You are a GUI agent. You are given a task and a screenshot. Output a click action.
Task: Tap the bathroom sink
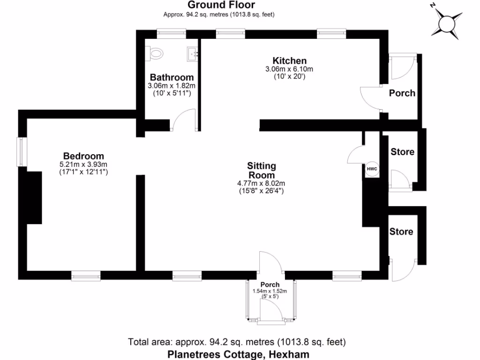pyautogui.click(x=193, y=54)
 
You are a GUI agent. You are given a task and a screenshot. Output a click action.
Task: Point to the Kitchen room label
pyautogui.click(x=289, y=61)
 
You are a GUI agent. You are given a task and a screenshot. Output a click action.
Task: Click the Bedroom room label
pyautogui.click(x=83, y=156)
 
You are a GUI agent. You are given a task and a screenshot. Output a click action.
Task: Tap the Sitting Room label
pyautogui.click(x=262, y=171)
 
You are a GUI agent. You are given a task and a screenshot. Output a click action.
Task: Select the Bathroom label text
pyautogui.click(x=172, y=77)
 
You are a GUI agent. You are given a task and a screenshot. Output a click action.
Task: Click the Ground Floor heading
pyautogui.click(x=221, y=5)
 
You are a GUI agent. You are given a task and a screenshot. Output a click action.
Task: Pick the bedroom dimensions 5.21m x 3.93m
pyautogui.click(x=83, y=165)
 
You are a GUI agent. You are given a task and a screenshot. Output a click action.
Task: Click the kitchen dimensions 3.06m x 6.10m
pyautogui.click(x=289, y=69)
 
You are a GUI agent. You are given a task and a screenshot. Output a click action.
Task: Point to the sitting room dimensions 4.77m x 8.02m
pyautogui.click(x=262, y=183)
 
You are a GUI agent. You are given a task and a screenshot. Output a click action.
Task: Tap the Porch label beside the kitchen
pyautogui.click(x=402, y=93)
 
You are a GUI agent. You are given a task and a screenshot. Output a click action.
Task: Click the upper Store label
pyautogui.click(x=402, y=152)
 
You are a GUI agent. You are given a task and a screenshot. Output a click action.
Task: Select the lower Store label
pyautogui.click(x=401, y=232)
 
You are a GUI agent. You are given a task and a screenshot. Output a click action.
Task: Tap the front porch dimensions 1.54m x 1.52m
pyautogui.click(x=270, y=291)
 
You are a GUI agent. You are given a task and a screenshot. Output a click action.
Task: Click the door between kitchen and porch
pyautogui.click(x=370, y=97)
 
